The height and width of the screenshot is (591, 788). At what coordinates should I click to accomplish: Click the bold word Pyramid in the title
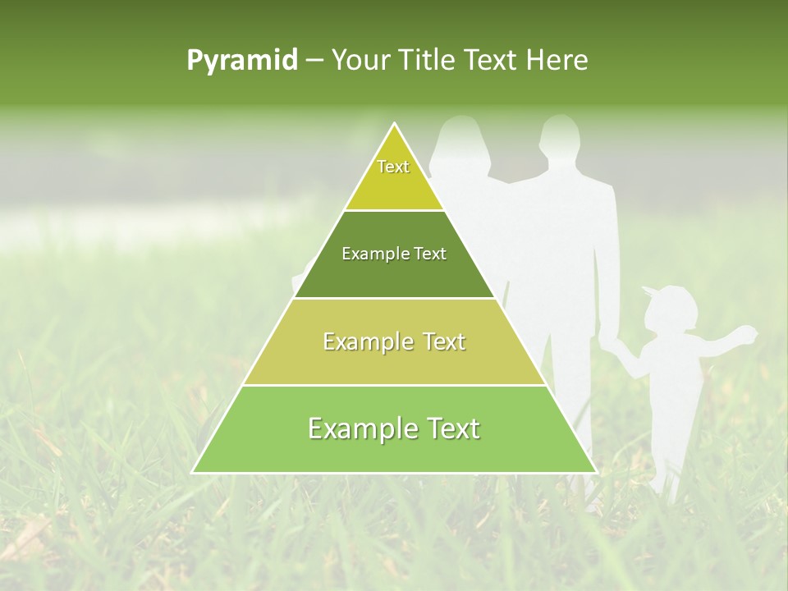point(242,61)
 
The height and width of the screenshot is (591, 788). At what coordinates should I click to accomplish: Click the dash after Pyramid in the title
point(314,61)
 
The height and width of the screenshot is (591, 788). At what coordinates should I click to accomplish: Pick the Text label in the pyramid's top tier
point(393,167)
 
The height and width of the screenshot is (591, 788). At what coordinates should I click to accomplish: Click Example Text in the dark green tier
point(394,254)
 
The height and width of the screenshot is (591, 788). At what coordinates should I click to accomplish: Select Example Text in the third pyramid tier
point(394,341)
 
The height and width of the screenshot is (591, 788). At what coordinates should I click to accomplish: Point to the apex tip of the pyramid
point(395,124)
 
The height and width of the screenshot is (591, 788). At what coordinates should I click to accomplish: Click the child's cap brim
point(650,290)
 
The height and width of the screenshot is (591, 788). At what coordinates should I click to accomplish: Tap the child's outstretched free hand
point(748,332)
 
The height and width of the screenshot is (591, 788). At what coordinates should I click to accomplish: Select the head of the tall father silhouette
point(561,136)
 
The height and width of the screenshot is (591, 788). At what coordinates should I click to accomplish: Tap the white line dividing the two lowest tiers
point(394,385)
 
